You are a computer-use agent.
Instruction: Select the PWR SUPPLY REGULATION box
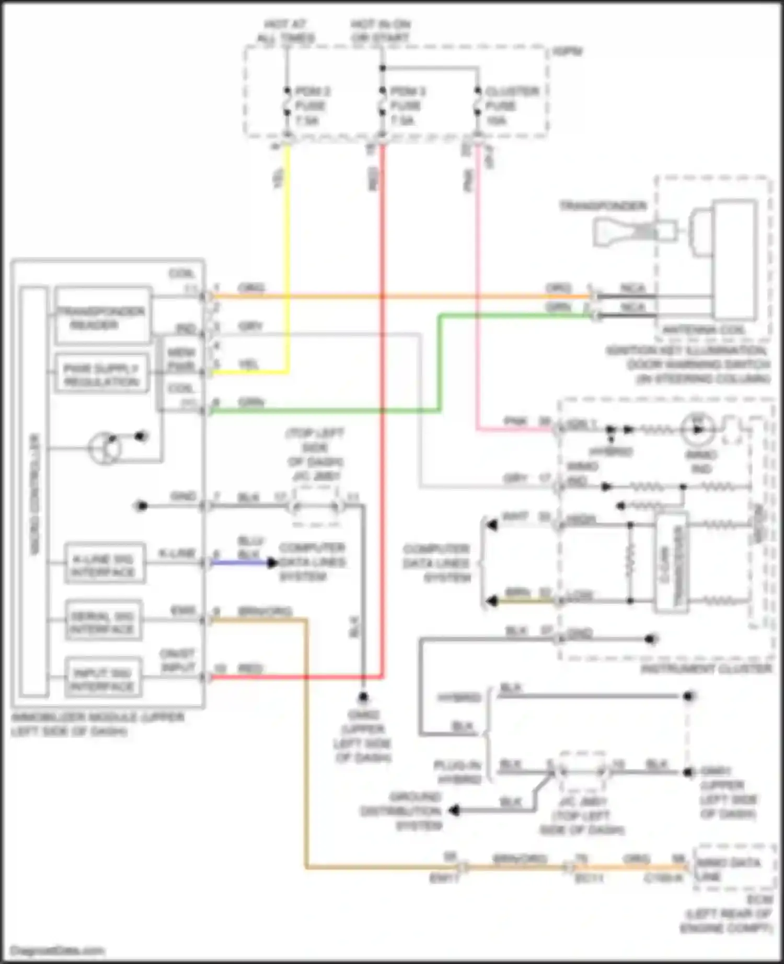(101, 374)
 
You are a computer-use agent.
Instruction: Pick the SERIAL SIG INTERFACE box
(103, 620)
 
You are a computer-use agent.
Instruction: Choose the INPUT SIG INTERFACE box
(103, 677)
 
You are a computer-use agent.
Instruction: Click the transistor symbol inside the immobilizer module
(105, 448)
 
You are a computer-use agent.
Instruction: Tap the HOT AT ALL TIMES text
(285, 31)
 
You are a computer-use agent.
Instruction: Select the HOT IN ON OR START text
(380, 31)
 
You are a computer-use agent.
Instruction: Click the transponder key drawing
(633, 230)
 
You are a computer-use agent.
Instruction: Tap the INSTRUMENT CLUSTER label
(706, 669)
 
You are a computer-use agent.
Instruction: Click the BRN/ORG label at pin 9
(264, 611)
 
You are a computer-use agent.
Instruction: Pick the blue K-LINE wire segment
(240, 563)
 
